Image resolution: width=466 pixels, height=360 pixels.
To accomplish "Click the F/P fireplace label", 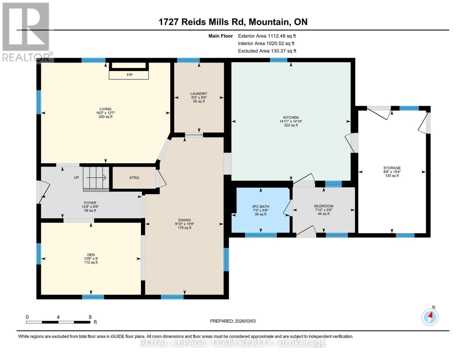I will pos(130,75).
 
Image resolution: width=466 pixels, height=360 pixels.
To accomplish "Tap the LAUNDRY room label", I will pos(199,94).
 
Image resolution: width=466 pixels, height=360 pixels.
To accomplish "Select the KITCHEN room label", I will pos(291,118).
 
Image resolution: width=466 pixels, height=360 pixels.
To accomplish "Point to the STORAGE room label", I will pos(392,168).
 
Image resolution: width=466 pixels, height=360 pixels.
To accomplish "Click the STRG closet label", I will pos(134,178).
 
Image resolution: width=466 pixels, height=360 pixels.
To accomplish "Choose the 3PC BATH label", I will pos(260,207).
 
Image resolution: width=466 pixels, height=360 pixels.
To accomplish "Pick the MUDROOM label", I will pos(323,206).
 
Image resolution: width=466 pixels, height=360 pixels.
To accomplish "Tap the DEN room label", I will pos(91,255).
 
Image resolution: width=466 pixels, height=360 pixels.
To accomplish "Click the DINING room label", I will pos(184,220).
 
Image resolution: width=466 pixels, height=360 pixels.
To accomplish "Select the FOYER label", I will pos(90,203).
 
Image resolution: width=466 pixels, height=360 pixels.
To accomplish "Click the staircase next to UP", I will pos(96,178).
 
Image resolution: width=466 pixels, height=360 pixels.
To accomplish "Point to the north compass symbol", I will pos(430,316).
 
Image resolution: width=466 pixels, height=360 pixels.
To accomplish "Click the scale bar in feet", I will pos(58,322).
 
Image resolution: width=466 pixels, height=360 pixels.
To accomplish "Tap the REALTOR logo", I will pos(26,31).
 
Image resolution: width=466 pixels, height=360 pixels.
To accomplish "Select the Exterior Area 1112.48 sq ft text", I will pos(267,36).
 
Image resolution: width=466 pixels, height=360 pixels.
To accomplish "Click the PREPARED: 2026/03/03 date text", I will pos(233,321).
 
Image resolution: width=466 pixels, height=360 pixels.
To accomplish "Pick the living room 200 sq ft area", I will pos(105,117).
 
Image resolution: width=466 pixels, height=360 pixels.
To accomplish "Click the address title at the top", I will pos(233,22).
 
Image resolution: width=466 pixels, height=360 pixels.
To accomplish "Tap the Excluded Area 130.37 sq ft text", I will pos(267,51).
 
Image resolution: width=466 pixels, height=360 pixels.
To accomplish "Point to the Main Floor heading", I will pos(221,36).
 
